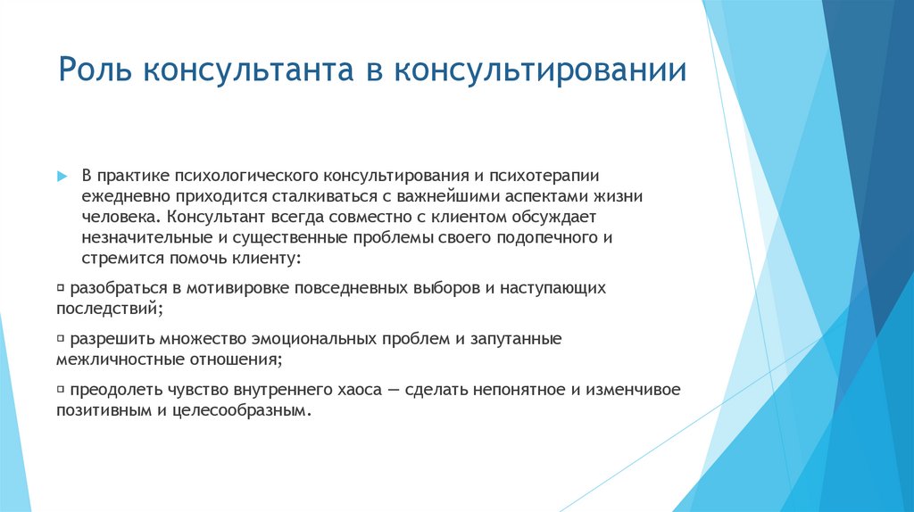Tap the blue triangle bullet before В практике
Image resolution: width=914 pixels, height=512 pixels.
coord(62,176)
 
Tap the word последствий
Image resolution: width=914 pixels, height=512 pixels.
coord(109,308)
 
